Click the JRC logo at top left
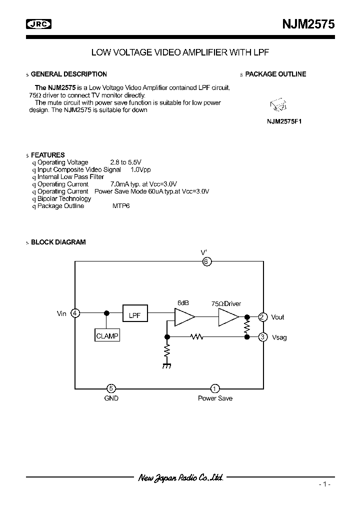38,23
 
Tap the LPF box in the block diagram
134,316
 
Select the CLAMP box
107,336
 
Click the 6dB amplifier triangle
183,317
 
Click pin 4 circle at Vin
75,313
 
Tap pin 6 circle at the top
206,261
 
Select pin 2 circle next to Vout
262,317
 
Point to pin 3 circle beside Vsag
262,337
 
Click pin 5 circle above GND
111,388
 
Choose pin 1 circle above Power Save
214,388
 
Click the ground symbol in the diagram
166,365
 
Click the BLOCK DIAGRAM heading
58,242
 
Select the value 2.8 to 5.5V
125,162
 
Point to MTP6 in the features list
121,206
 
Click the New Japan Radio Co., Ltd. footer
180,477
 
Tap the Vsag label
279,338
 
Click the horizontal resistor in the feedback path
197,337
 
